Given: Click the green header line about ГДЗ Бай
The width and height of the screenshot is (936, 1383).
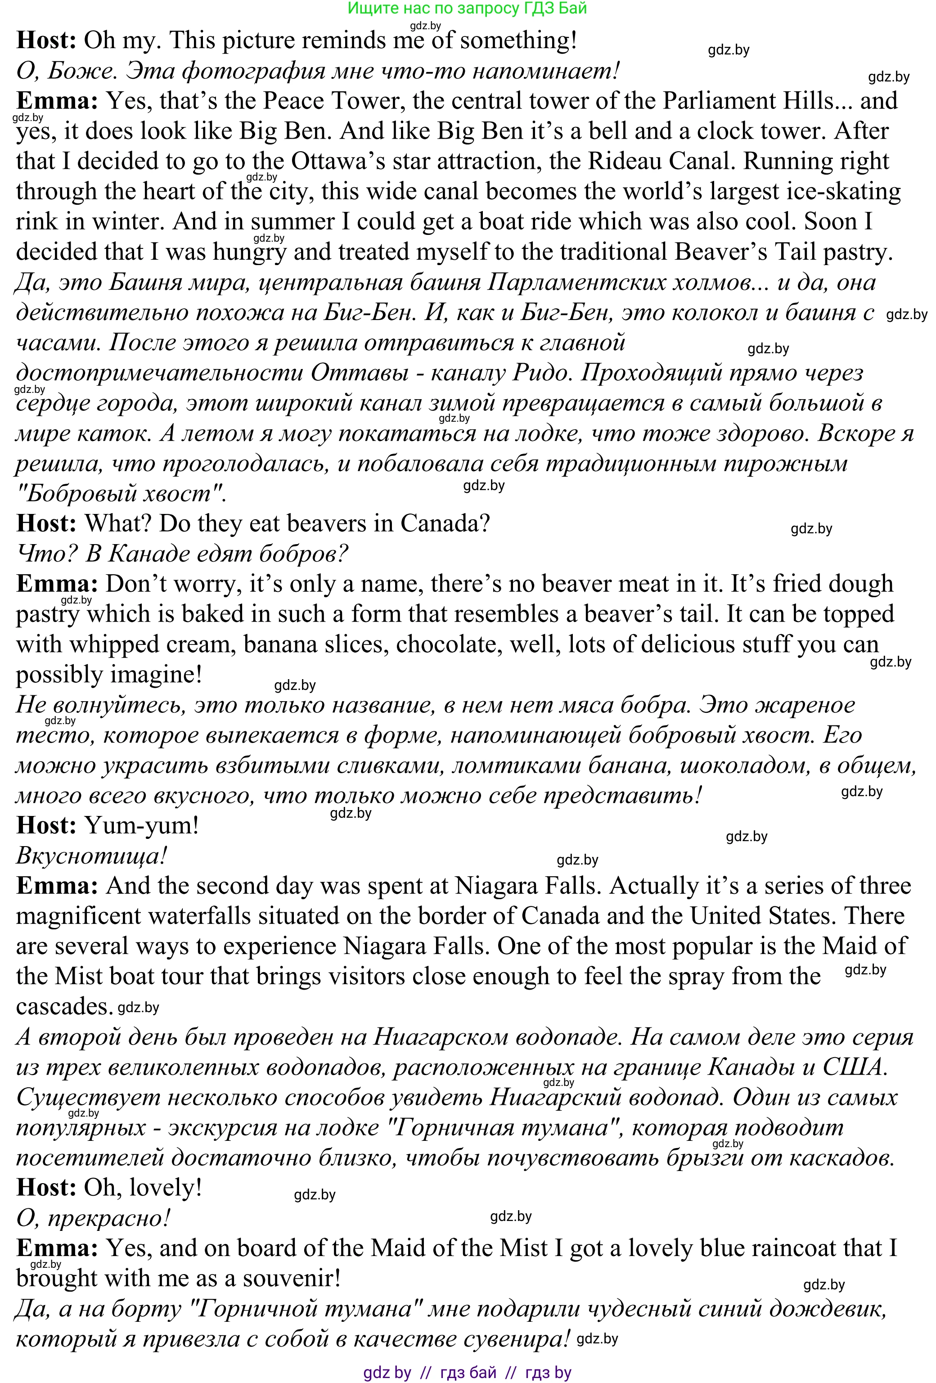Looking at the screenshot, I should (x=467, y=9).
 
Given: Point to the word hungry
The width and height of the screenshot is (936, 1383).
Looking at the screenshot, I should (x=249, y=252).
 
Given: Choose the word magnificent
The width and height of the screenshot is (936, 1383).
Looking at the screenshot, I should (x=78, y=916).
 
